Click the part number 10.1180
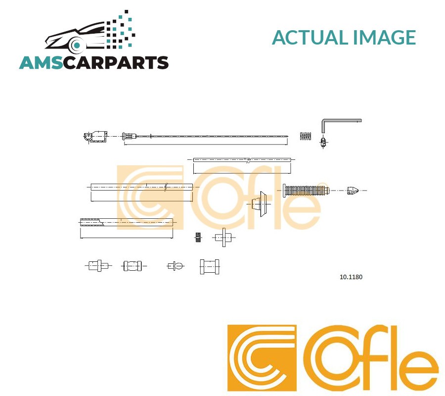(351, 277)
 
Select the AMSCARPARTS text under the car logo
(94, 63)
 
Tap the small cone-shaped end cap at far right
(353, 191)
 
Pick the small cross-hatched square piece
(198, 237)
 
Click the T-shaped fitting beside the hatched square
(223, 238)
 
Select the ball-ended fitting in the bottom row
(176, 266)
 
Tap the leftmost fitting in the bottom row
(97, 266)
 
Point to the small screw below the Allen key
(323, 143)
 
